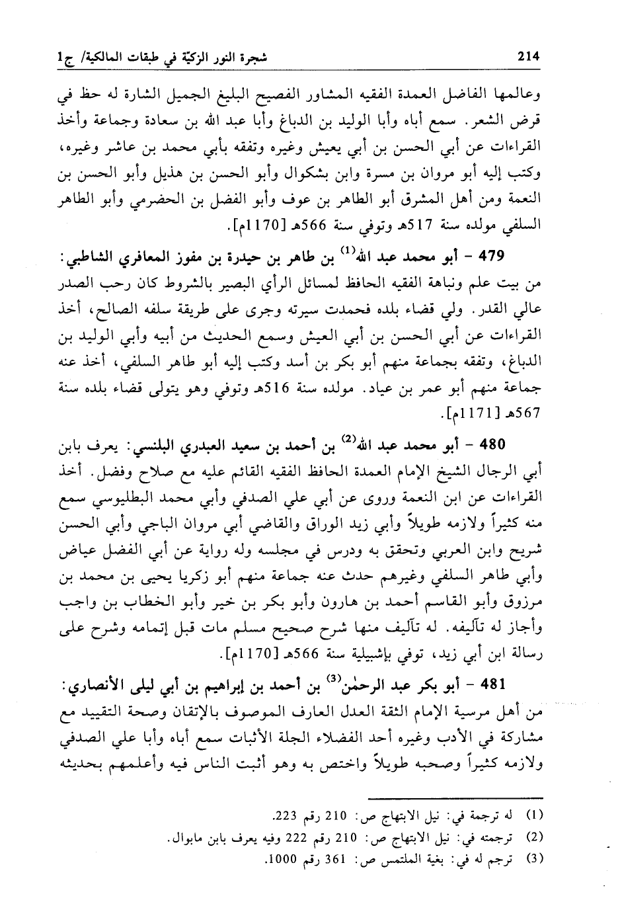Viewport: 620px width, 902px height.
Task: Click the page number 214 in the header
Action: [x=528, y=58]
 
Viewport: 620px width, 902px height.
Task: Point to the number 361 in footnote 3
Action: [x=336, y=860]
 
